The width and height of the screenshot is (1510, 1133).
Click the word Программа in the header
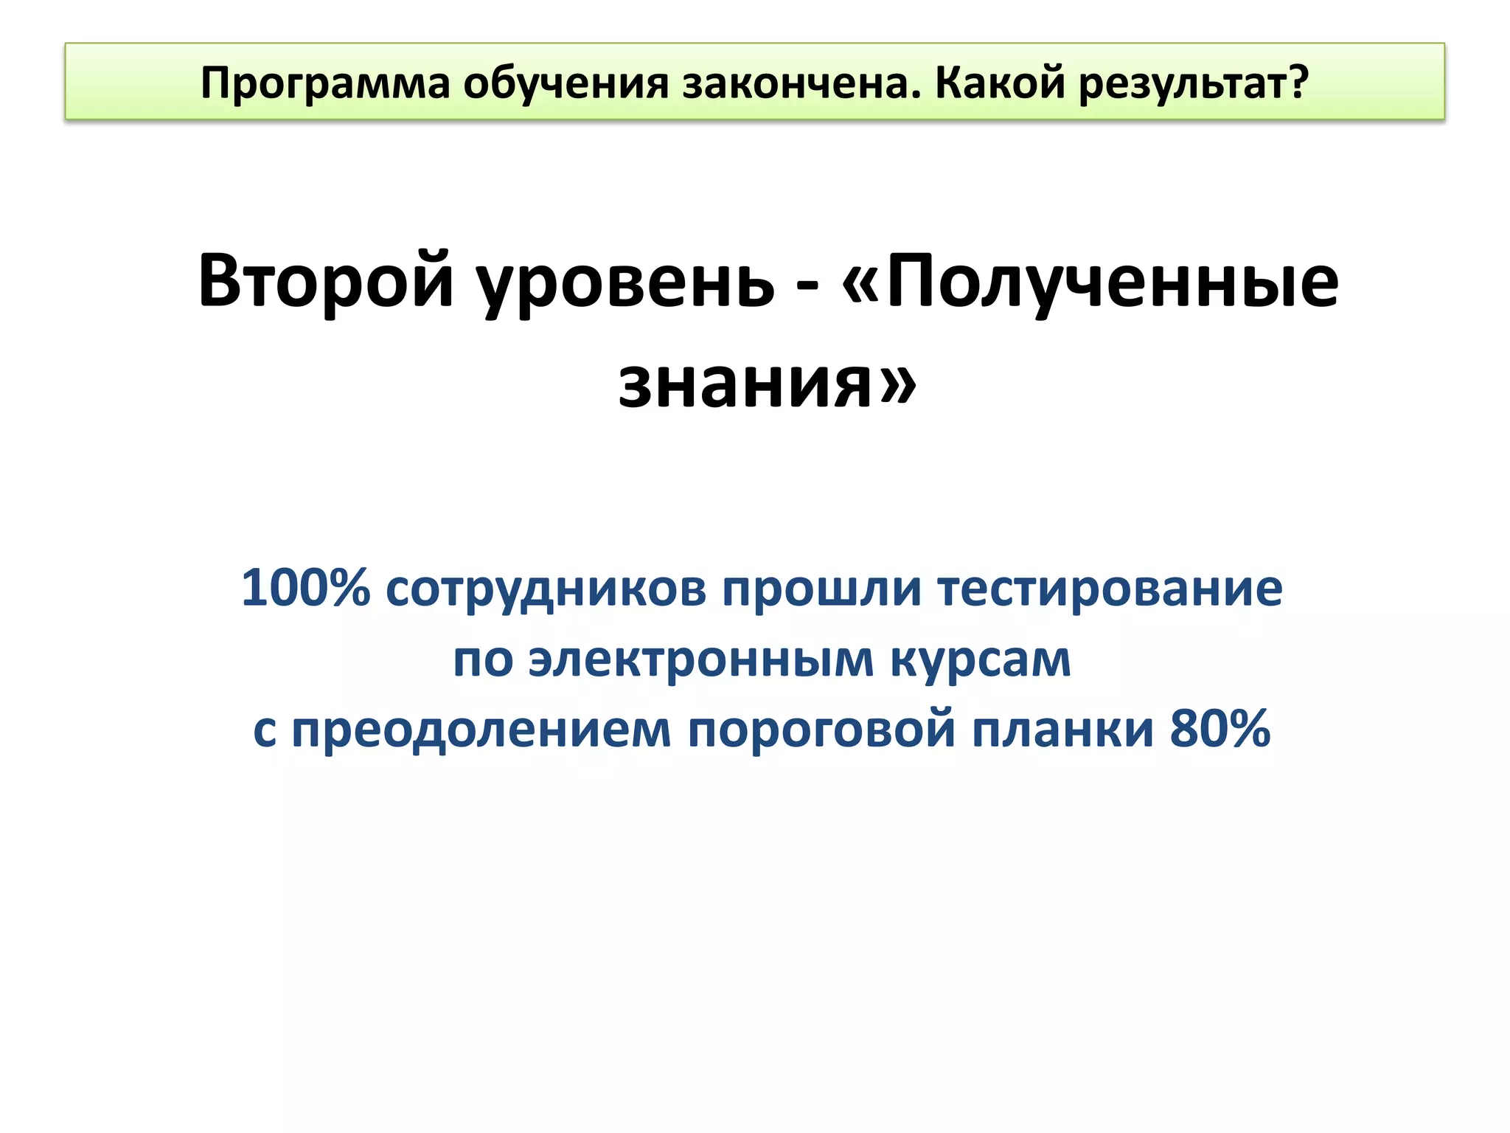(x=324, y=83)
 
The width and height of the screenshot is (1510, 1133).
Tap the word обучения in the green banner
(x=566, y=83)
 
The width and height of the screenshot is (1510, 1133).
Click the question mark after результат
(x=1298, y=82)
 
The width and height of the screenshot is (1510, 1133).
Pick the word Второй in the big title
(x=325, y=281)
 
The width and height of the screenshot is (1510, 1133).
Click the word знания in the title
(x=745, y=384)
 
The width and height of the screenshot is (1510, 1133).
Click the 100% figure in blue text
(x=305, y=589)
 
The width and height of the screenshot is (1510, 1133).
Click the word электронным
(x=701, y=659)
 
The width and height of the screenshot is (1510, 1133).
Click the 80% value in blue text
(x=1220, y=728)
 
